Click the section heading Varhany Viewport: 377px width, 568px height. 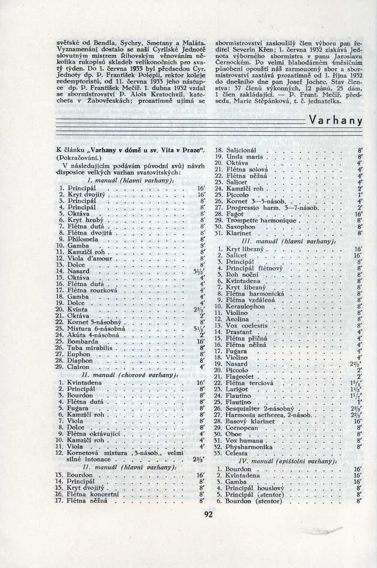(x=336, y=120)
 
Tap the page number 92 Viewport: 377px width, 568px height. (x=209, y=514)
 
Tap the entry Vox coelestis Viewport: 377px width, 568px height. (x=247, y=326)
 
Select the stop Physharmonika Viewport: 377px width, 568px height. (x=249, y=445)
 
